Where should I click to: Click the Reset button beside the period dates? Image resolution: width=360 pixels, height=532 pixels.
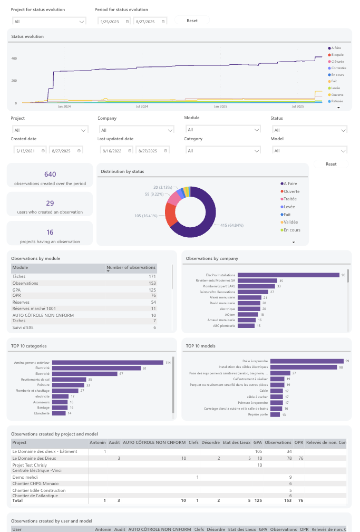(192, 21)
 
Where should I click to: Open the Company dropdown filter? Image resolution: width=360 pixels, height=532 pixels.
(136, 130)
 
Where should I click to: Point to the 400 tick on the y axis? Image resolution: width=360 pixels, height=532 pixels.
(15, 58)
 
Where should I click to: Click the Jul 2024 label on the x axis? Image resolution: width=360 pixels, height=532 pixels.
(142, 107)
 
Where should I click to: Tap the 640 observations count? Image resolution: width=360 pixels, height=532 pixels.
(50, 175)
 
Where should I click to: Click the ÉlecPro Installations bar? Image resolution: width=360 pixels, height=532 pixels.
(288, 275)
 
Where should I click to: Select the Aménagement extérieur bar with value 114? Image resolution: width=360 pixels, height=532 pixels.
(109, 362)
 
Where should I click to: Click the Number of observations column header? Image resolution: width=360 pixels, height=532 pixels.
(131, 268)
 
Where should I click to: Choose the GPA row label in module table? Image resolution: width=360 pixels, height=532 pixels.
(17, 290)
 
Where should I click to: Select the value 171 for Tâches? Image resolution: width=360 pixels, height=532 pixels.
(152, 276)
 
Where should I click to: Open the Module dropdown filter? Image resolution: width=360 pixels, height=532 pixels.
(222, 129)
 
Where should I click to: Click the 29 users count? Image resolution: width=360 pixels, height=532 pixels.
(50, 203)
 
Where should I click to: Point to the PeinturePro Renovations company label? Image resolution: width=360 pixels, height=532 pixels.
(219, 292)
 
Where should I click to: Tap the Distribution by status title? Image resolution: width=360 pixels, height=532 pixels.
(122, 171)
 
